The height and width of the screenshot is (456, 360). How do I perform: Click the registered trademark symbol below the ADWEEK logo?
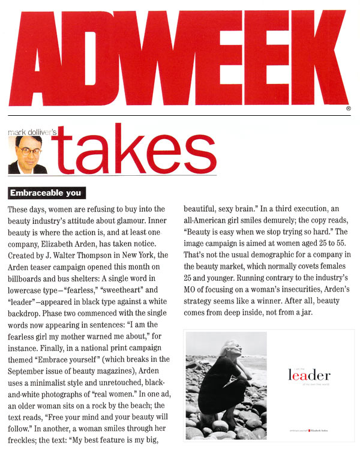pos(349,109)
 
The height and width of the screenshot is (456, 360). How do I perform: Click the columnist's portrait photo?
pos(28,154)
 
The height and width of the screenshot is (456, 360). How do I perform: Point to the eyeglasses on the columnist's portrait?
pos(27,150)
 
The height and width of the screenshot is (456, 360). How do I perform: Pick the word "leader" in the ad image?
pos(309,376)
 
